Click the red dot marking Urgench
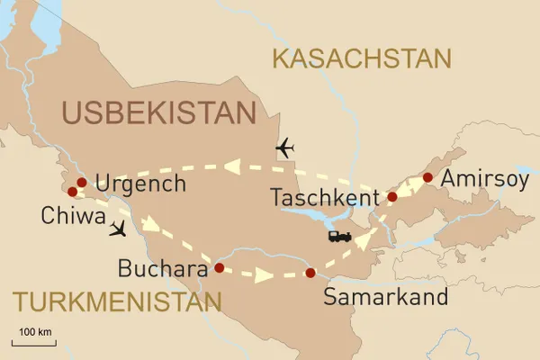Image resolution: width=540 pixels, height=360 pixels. pos(81,183)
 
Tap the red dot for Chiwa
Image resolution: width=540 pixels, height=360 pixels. pos(72,192)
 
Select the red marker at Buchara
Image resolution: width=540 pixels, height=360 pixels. pos(218,267)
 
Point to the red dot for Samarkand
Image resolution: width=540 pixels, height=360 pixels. pos(310,273)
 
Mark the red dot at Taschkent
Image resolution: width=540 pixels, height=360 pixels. pos(391,196)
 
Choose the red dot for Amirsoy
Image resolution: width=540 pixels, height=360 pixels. pos(427,178)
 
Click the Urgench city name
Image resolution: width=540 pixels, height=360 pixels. pos(139,184)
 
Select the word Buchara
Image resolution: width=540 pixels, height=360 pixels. pos(160,268)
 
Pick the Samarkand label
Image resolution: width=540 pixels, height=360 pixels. pos(371,298)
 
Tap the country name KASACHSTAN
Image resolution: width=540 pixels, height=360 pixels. pos(361,59)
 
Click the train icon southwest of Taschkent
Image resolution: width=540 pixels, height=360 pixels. pos(339,237)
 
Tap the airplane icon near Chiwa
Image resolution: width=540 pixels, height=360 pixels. pos(117,230)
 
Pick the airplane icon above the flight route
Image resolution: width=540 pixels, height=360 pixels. pos(285,147)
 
